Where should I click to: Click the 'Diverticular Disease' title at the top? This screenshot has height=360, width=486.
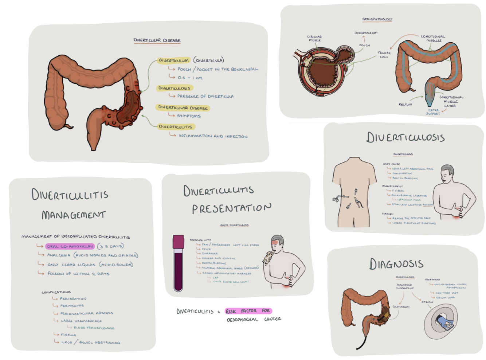157,40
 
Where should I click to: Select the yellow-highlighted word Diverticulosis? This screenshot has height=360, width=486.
174,88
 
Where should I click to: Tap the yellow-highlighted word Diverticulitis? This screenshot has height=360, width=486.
176,127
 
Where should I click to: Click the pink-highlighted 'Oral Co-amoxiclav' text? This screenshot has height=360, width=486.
70,246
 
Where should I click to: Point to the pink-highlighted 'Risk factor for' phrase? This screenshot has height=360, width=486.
248,311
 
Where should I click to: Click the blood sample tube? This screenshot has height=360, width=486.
178,263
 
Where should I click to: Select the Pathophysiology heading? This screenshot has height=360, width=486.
377,19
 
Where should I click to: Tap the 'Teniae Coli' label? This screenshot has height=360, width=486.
384,55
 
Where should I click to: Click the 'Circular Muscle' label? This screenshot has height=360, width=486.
314,38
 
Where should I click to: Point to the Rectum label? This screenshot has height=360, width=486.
405,104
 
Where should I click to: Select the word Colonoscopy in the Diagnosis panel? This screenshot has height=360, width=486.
401,307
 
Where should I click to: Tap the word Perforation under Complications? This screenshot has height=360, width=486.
73,299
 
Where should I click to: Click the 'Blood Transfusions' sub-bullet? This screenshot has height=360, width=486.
94,328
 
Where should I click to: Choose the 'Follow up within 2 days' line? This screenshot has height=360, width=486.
78,274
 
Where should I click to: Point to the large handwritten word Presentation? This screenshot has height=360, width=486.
232,208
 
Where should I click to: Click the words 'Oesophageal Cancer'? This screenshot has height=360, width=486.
254,319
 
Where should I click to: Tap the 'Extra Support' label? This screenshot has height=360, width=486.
433,112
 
